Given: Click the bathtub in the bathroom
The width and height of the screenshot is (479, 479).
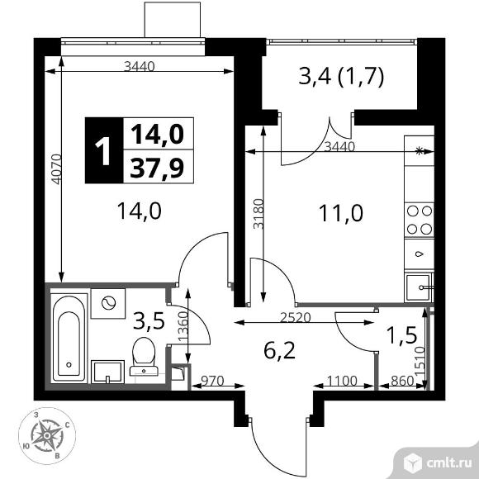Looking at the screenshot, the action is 69,338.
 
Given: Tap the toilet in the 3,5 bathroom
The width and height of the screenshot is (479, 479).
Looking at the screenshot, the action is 144,356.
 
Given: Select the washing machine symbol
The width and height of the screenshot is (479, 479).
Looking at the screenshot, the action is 108,303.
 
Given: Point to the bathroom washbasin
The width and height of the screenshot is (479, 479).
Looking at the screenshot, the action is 107,372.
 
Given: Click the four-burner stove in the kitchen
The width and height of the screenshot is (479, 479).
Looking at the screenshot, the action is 420,220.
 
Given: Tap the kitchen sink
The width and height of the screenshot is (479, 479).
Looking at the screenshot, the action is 420,287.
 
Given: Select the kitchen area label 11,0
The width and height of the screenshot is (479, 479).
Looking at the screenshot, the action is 340,213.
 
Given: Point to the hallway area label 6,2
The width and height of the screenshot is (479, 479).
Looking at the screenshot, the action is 279,351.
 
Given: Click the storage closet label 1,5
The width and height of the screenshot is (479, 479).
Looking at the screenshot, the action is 401,334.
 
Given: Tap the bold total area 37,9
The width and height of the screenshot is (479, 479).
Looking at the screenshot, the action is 157,168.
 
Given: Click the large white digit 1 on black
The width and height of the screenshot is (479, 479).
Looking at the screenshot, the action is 103,150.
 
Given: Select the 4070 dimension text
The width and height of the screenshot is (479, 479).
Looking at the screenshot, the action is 56,169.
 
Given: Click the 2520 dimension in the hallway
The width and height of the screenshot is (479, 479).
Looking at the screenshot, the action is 295,318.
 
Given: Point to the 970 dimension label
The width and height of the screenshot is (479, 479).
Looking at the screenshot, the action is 212,381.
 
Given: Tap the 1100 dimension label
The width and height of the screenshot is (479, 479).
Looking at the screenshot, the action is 342,381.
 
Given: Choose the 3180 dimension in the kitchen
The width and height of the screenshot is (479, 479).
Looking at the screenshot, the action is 258,214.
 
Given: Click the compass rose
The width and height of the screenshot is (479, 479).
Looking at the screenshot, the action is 47,435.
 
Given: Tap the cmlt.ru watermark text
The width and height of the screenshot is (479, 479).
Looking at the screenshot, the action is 448,464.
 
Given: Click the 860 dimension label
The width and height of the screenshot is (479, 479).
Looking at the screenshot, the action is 402,381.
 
